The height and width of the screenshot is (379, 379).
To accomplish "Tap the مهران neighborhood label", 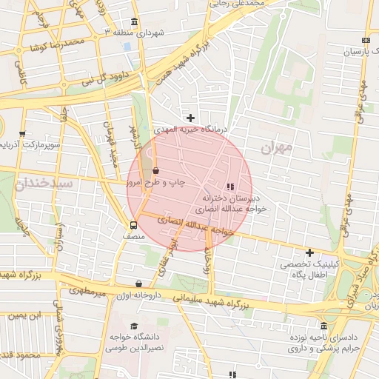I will point(276,147).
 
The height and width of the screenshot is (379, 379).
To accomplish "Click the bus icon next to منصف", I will point(133,225).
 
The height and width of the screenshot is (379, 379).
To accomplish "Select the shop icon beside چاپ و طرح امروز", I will point(155,170).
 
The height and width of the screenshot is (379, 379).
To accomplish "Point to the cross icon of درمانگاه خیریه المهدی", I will point(190,118).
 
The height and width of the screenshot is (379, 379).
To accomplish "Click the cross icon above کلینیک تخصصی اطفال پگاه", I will point(309,252).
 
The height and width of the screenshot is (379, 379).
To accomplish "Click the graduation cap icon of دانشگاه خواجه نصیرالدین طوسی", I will point(134,326).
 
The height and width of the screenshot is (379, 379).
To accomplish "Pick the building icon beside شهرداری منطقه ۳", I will point(133,21).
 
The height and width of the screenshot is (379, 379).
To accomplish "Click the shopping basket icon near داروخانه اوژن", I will point(139,284).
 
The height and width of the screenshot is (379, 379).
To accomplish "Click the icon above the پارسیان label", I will point(366,41).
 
